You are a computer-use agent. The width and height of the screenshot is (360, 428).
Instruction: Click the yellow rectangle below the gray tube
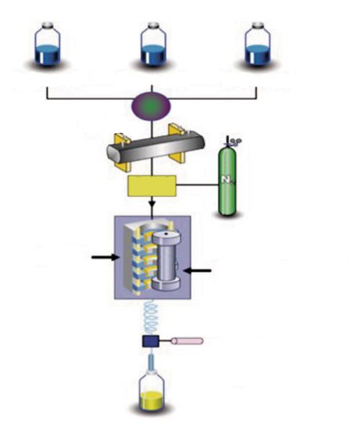152,186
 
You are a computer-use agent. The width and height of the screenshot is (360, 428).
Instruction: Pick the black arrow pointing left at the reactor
199,270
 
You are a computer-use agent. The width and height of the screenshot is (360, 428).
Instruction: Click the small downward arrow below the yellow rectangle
151,204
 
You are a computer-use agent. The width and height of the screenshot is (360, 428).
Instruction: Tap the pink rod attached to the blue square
186,340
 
